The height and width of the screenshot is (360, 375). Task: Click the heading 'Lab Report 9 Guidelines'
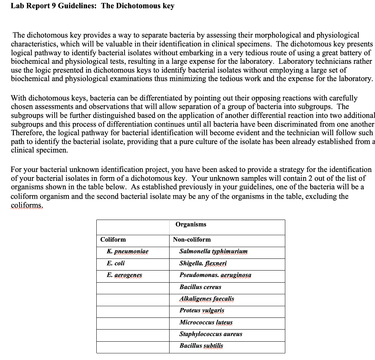pos(53,6)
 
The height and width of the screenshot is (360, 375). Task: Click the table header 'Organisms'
pos(191,224)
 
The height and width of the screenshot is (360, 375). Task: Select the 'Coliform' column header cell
pos(113,239)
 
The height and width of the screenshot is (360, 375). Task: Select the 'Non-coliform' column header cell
pos(192,239)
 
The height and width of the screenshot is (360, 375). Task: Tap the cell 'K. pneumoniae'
pos(128,251)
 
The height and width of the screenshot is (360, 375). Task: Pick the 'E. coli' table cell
pos(116,263)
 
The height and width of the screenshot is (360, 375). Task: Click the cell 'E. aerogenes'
pos(125,275)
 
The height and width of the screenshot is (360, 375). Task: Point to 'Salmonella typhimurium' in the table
pos(214,251)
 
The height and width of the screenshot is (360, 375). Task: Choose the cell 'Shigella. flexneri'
pos(203,263)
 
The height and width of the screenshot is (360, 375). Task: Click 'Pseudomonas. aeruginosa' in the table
pos(215,275)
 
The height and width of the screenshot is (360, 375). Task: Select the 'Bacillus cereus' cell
pos(200,287)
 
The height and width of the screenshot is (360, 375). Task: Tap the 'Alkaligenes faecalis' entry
pos(207,299)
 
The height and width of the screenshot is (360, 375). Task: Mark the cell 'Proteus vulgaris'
pos(202,311)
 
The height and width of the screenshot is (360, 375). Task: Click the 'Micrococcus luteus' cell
pos(206,323)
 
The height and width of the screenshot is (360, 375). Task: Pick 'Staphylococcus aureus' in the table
pos(211,334)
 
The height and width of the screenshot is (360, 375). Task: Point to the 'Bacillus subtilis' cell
pos(201,346)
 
